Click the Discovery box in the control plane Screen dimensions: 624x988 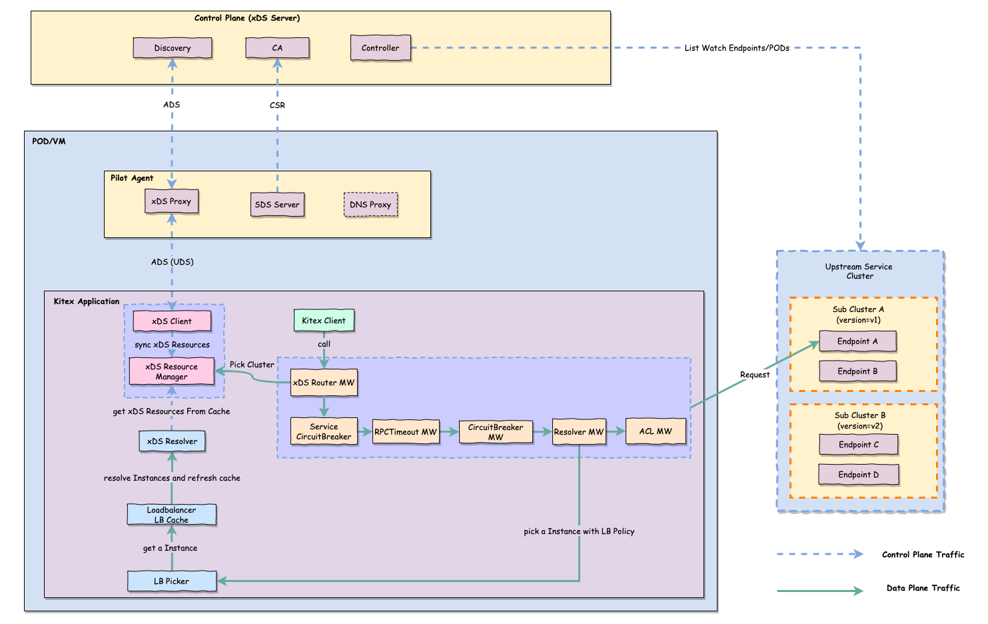click(173, 48)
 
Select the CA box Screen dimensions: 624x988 click(277, 48)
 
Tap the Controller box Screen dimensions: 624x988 click(380, 48)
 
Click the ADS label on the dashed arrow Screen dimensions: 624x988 click(171, 105)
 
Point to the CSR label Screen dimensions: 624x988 click(277, 105)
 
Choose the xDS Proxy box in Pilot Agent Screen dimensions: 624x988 click(171, 201)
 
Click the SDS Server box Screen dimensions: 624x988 click(277, 205)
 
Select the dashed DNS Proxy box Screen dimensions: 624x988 click(370, 205)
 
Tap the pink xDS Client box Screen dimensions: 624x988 click(172, 321)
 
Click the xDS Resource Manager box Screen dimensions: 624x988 click(171, 371)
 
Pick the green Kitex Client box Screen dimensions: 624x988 click(324, 321)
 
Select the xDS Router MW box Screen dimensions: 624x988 click(324, 383)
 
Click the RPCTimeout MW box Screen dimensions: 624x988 click(405, 432)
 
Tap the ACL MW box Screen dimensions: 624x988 click(656, 431)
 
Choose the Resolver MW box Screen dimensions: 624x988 click(578, 432)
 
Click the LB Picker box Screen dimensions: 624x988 click(172, 581)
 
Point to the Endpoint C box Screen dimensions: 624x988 click(859, 445)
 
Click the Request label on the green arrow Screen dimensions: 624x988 click(755, 375)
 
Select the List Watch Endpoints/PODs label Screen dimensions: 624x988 click(737, 48)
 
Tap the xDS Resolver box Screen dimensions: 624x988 click(172, 441)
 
